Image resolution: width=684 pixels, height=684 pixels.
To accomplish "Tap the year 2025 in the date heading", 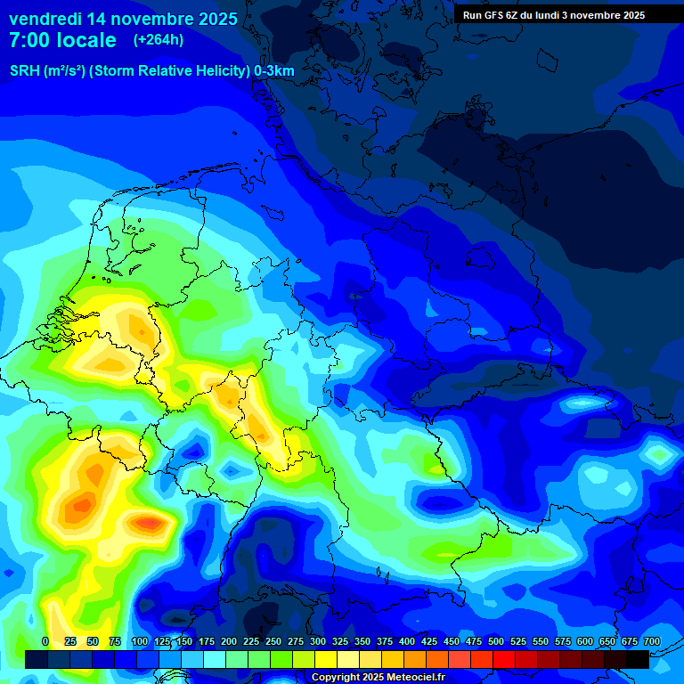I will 213,19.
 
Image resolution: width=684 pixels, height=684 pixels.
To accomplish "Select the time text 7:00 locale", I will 62,40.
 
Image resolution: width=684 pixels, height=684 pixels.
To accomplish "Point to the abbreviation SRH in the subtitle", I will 24,70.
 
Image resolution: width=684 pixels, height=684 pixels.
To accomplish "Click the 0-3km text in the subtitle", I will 274,70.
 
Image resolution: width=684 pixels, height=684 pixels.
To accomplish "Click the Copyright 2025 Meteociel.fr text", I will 378,678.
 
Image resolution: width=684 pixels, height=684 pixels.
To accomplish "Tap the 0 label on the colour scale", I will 45,641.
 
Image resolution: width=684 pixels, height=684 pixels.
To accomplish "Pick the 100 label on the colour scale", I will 140,641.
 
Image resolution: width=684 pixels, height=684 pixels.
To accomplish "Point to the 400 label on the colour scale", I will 407,641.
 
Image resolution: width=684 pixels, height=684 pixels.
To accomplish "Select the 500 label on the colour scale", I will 496,641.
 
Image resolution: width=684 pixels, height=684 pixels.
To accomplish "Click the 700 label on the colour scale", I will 652,641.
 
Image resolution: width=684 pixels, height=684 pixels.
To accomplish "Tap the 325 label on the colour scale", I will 340,641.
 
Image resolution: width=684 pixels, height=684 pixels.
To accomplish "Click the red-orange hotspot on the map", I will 150,521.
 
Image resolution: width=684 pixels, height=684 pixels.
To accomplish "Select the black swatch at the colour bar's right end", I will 638,659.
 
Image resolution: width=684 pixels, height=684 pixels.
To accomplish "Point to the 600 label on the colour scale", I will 585,641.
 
